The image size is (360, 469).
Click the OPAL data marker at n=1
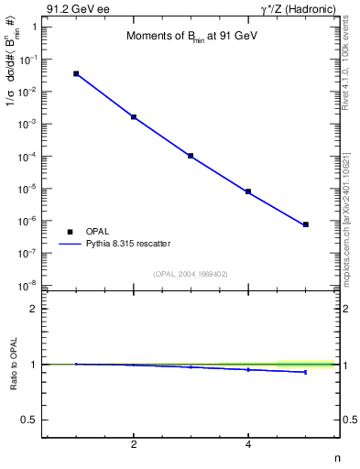point(76,73)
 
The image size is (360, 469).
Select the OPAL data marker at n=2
point(134,117)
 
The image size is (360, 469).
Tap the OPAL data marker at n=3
point(191,156)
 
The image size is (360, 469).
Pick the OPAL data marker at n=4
point(248,191)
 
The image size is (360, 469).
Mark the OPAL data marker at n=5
point(305,224)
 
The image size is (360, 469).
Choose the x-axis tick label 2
point(134,445)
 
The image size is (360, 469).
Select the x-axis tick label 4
point(248,445)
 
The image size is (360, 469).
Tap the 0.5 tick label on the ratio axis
point(28,420)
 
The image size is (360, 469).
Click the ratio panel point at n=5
point(305,372)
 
